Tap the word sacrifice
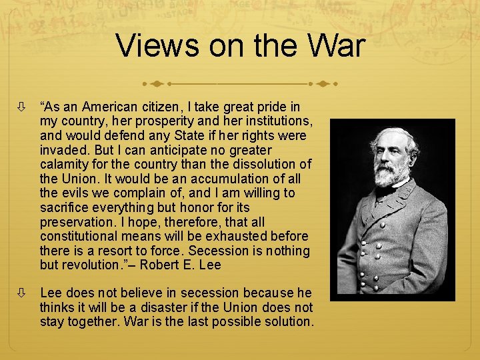click(65, 208)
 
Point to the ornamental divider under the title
click(239, 85)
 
